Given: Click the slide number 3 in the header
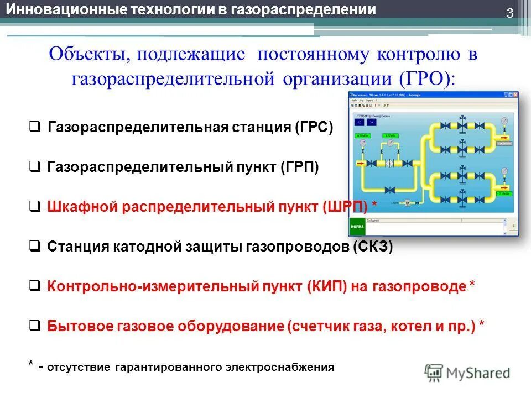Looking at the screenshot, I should (510, 14).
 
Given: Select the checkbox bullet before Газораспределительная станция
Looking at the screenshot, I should (34, 128).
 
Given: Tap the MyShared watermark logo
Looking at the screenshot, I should (467, 372).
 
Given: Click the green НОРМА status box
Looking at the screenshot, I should (357, 227).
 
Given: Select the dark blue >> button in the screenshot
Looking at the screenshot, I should (371, 122).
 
